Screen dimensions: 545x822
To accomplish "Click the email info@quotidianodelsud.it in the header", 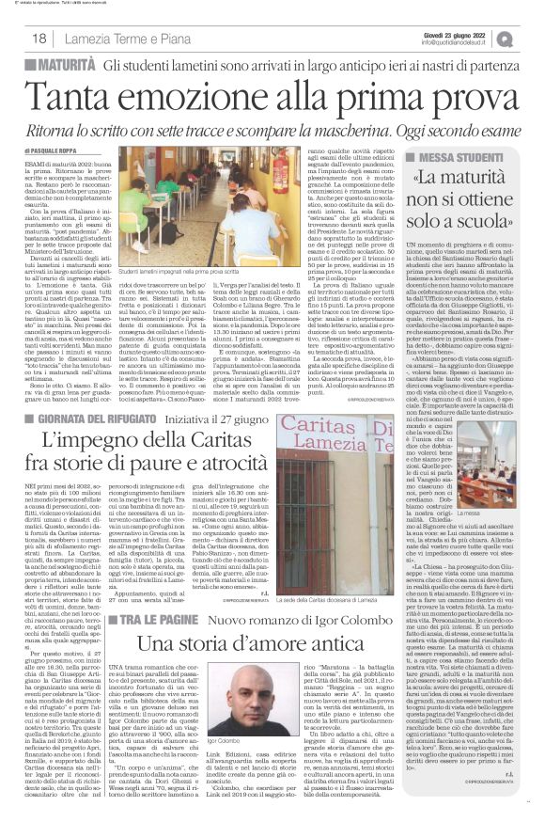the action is [x=463, y=42].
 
